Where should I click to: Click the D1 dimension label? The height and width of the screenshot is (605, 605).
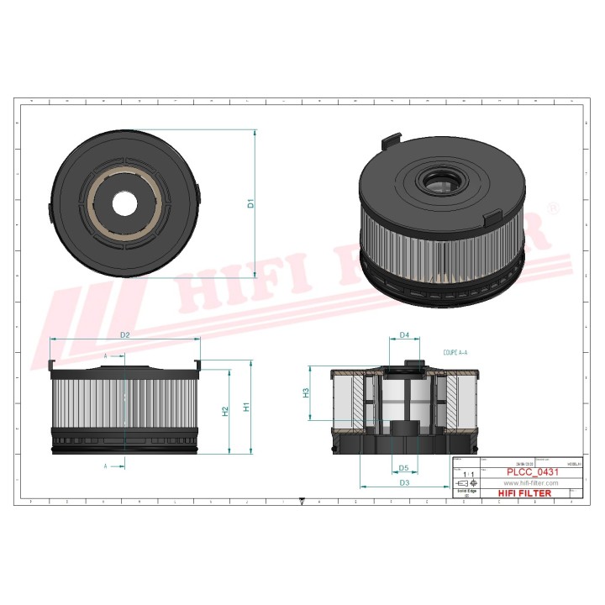pyautogui.click(x=250, y=203)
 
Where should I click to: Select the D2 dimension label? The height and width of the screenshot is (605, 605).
pyautogui.click(x=124, y=335)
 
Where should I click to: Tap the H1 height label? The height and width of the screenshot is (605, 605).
pyautogui.click(x=246, y=407)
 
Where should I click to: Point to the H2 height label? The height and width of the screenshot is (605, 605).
pyautogui.click(x=225, y=411)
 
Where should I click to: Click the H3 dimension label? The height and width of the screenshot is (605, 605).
pyautogui.click(x=306, y=392)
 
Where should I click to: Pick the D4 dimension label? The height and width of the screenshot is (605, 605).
pyautogui.click(x=404, y=335)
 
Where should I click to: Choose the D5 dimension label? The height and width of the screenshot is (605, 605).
pyautogui.click(x=403, y=468)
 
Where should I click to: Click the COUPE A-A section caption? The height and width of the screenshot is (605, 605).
pyautogui.click(x=455, y=355)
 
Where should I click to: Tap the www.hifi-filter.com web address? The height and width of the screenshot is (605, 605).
pyautogui.click(x=530, y=484)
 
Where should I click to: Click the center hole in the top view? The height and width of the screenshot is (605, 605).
pyautogui.click(x=125, y=203)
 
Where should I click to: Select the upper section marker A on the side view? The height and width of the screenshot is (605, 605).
pyautogui.click(x=106, y=356)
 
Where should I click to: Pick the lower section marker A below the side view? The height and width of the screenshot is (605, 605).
pyautogui.click(x=106, y=465)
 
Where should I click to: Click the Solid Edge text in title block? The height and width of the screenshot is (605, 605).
pyautogui.click(x=466, y=492)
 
